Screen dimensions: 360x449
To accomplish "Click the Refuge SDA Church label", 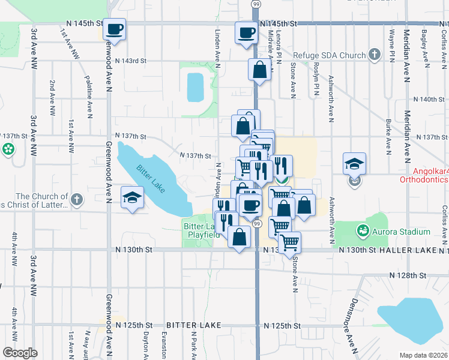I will pyautogui.click(x=331, y=56).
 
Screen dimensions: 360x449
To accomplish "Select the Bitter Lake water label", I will pyautogui.click(x=150, y=179).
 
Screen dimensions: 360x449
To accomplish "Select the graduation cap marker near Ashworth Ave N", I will pyautogui.click(x=354, y=163).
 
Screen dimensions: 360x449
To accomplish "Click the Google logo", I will pyautogui.click(x=20, y=353).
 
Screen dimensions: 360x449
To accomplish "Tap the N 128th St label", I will pyautogui.click(x=408, y=275).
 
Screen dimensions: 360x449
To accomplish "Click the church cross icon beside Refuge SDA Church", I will pyautogui.click(x=375, y=56).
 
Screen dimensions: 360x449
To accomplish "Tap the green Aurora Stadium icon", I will pyautogui.click(x=363, y=230).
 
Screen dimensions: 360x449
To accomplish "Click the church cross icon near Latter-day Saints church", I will pyautogui.click(x=76, y=199).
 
